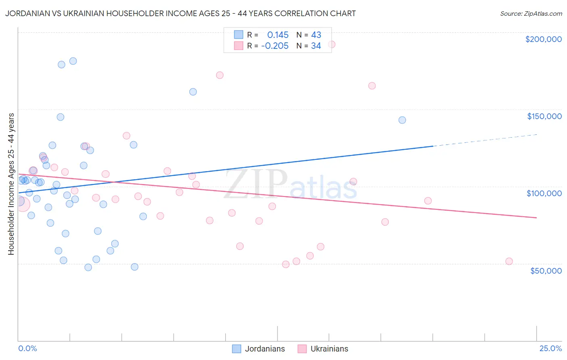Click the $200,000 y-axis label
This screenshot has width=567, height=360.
pyautogui.click(x=543, y=39)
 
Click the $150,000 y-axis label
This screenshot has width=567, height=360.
pyautogui.click(x=544, y=116)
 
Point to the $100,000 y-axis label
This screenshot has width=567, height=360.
pyautogui.click(x=544, y=193)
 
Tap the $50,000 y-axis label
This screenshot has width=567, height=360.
pyautogui.click(x=546, y=270)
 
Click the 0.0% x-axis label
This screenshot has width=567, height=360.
pyautogui.click(x=27, y=348)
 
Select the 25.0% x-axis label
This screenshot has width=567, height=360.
pyautogui.click(x=550, y=348)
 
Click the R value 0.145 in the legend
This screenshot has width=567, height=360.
pyautogui.click(x=278, y=35)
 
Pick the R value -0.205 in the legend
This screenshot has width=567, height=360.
pyautogui.click(x=275, y=46)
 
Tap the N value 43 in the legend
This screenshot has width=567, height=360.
pyautogui.click(x=316, y=35)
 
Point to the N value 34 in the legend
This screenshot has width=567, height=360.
pyautogui.click(x=316, y=46)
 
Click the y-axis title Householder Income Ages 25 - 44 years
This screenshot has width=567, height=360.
pyautogui.click(x=11, y=184)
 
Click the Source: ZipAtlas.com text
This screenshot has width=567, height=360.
pyautogui.click(x=531, y=14)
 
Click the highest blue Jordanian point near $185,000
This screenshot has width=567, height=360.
pyautogui.click(x=73, y=61)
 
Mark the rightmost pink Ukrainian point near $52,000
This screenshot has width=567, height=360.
pyautogui.click(x=509, y=261)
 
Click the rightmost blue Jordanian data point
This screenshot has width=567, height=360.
pyautogui.click(x=402, y=120)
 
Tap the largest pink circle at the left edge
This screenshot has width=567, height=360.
pyautogui.click(x=22, y=204)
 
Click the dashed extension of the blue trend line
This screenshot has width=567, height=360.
pyautogui.click(x=484, y=140)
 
